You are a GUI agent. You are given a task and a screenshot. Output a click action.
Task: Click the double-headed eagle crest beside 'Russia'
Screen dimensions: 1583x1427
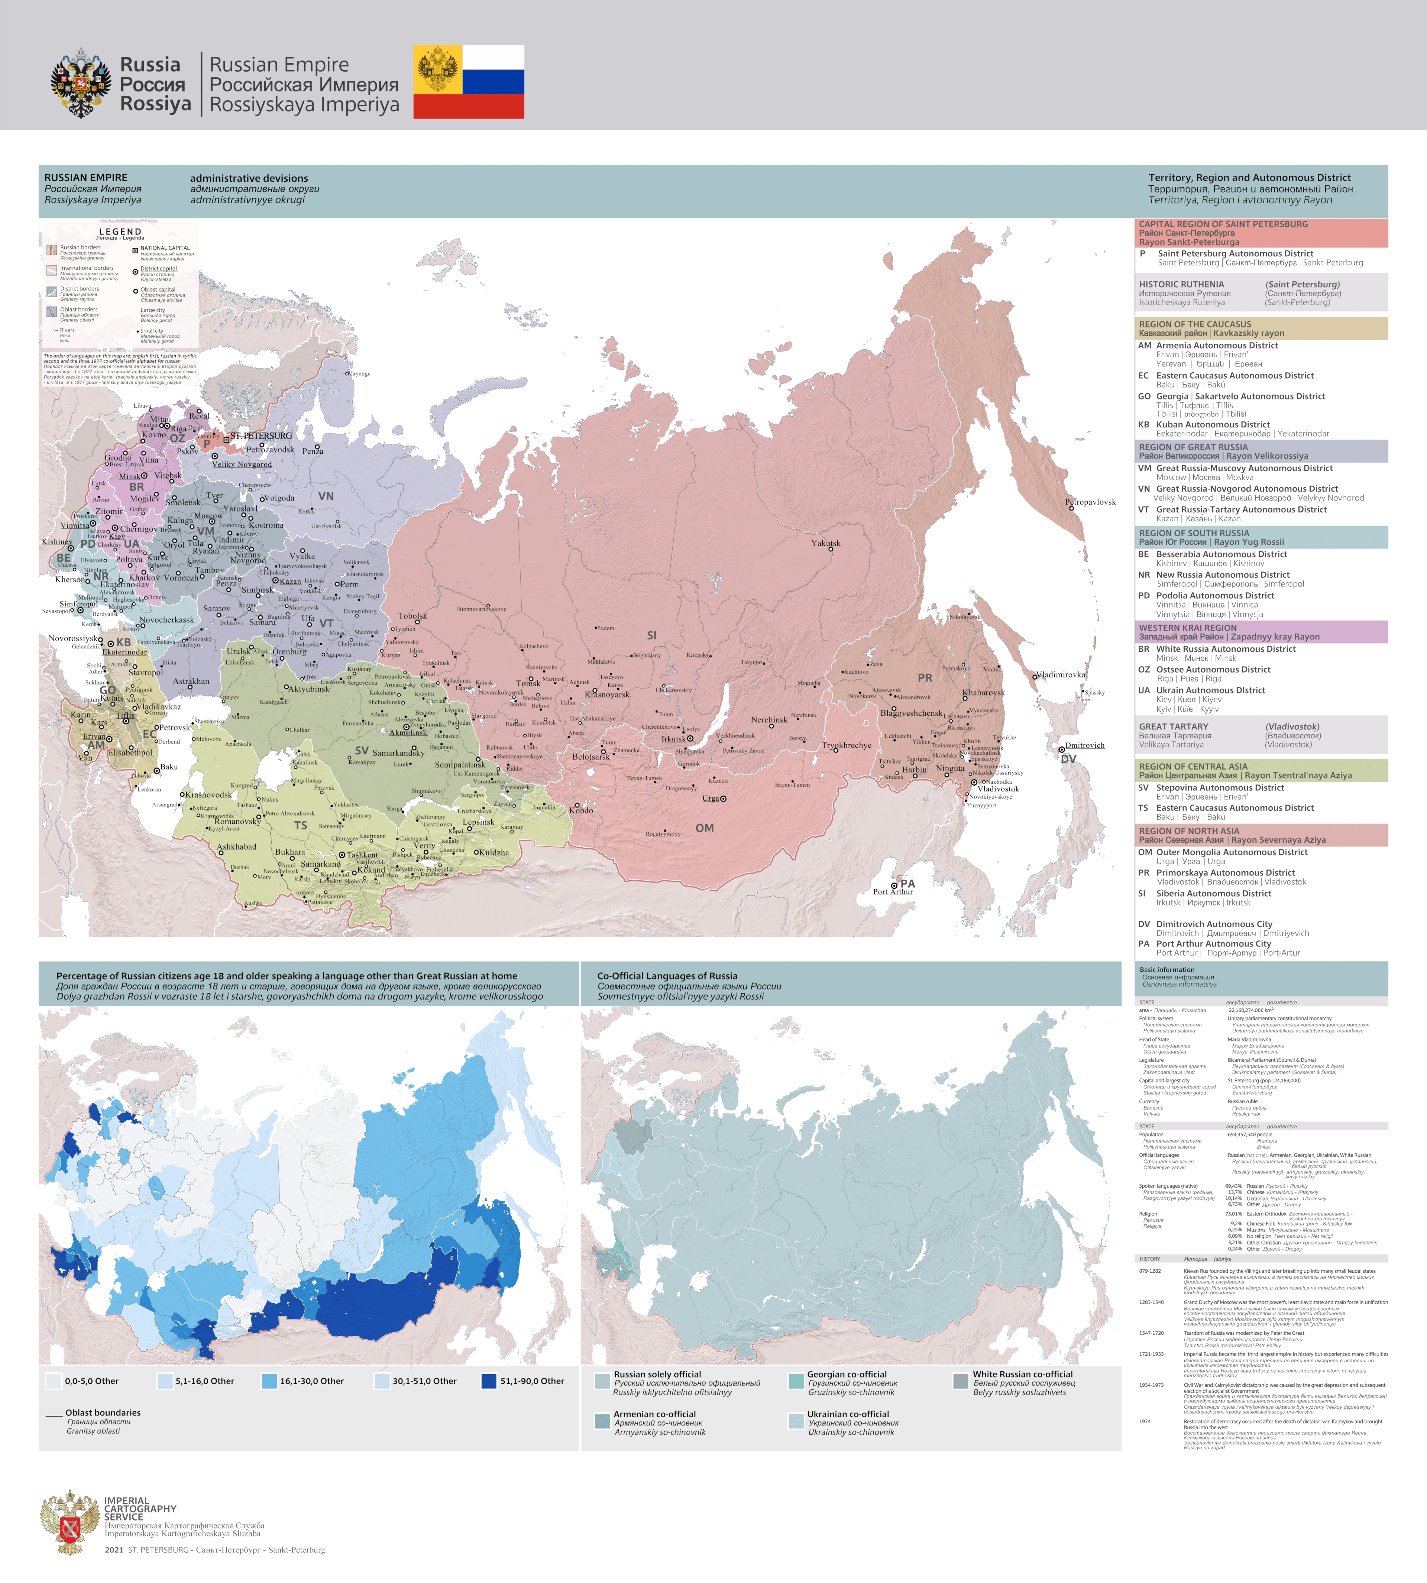pyautogui.click(x=81, y=82)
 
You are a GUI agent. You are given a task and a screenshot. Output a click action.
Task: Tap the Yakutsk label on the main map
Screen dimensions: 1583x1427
pyautogui.click(x=826, y=543)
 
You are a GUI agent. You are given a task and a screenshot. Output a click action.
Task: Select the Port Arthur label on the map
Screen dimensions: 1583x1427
pyautogui.click(x=893, y=891)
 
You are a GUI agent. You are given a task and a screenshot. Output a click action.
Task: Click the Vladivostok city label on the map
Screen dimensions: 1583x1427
pyautogui.click(x=998, y=789)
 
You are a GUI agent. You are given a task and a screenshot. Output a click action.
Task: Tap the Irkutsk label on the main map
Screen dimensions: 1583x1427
pyautogui.click(x=673, y=739)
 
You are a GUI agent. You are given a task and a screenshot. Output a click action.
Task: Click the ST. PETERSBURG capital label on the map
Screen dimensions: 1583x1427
pyautogui.click(x=261, y=436)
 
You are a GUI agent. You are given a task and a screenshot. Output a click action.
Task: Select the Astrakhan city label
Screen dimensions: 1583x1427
pyautogui.click(x=191, y=682)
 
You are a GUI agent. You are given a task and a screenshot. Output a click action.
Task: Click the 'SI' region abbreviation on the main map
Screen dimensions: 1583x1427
pyautogui.click(x=651, y=635)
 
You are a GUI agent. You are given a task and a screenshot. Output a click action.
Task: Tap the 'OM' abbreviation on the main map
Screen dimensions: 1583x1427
pyautogui.click(x=704, y=828)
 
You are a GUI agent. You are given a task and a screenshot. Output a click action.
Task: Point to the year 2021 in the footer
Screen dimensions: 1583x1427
pyautogui.click(x=114, y=1549)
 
